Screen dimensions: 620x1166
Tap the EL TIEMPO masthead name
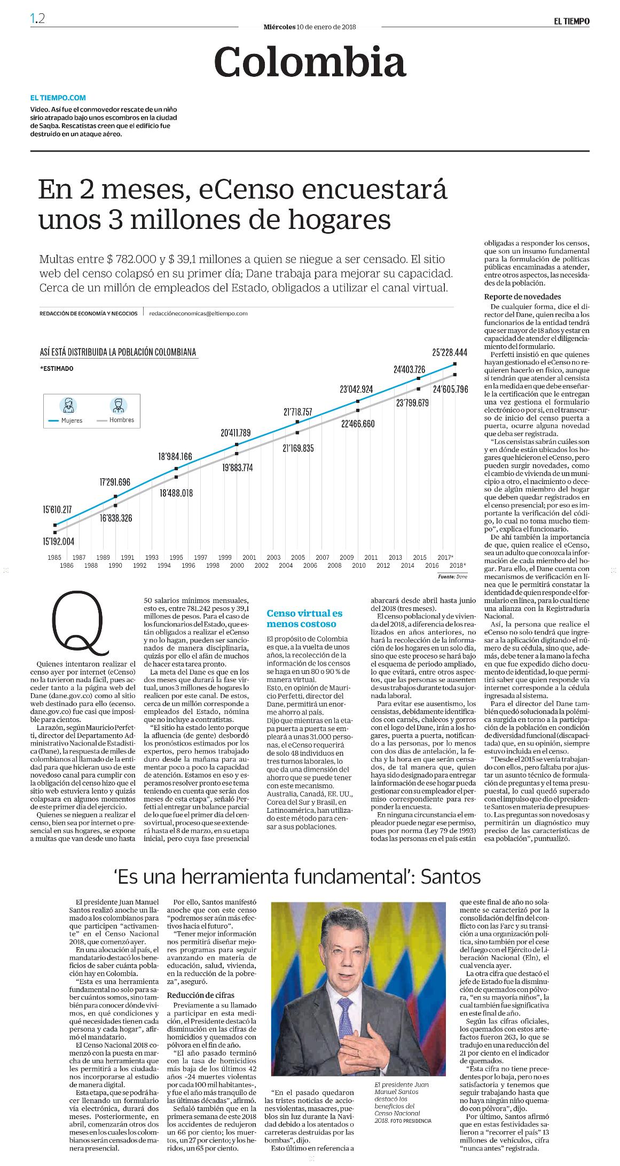pos(571,21)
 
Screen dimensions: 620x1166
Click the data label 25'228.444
pos(450,352)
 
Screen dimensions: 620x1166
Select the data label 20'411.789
pos(235,433)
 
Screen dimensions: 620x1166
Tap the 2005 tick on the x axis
pos(297,557)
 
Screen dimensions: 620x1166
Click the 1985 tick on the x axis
pos(54,557)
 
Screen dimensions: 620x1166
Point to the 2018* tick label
pos(458,565)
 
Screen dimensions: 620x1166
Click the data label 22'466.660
pos(358,424)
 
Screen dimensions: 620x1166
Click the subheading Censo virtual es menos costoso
pos(304,618)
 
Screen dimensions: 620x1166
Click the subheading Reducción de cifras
pos(200,995)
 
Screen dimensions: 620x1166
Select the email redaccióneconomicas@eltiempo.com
pos(199,314)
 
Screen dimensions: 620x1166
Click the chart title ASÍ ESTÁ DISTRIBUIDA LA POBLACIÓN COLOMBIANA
pos(118,352)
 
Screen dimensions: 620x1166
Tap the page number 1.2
pos(37,18)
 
